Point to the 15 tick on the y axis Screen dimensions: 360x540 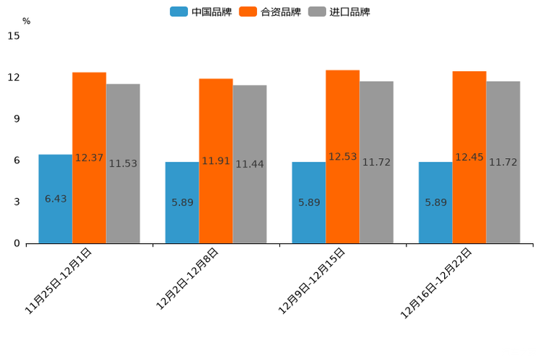(x=13, y=36)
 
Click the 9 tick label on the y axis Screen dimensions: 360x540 (x=17, y=119)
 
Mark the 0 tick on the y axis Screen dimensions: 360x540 (x=17, y=244)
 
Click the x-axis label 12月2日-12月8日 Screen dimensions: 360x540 (x=187, y=279)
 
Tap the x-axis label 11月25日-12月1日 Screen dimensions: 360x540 (x=58, y=281)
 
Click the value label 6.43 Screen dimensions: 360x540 (x=56, y=199)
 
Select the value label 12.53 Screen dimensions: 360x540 (x=343, y=157)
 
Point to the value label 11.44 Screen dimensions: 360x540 (x=250, y=165)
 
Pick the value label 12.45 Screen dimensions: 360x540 (x=469, y=157)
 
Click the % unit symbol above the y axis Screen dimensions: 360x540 (x=26, y=22)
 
